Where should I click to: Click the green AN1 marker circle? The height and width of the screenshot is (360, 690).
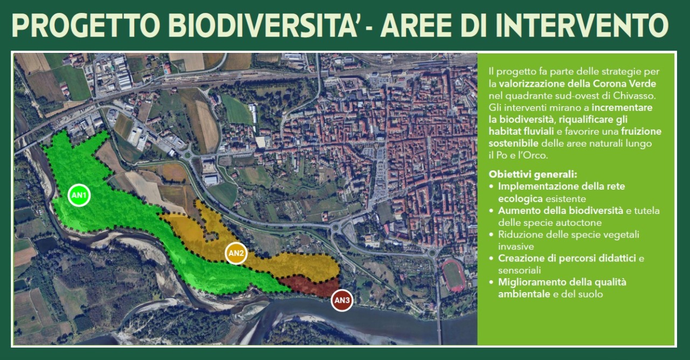coord(79,195)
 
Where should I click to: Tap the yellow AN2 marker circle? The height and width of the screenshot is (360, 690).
coord(236,253)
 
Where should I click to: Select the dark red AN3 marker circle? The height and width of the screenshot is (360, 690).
coord(342,300)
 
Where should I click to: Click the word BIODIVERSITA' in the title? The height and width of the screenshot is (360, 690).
coord(263,25)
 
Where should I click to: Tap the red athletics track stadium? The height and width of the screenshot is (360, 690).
coord(453,275)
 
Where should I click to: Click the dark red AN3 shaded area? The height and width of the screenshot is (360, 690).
coord(311,286)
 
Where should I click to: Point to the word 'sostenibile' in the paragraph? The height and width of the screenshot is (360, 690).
coord(514,143)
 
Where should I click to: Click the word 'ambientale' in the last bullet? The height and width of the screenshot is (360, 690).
coord(524,294)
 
